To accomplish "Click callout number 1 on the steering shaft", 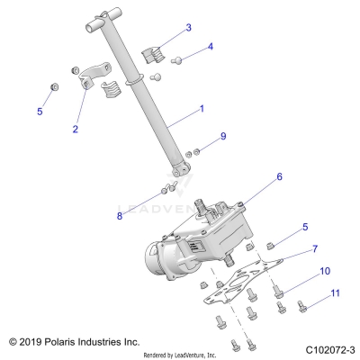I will [201, 109].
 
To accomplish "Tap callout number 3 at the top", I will [187, 28].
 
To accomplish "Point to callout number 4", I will [210, 46].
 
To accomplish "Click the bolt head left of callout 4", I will [177, 58].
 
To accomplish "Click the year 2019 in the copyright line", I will [31, 342].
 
